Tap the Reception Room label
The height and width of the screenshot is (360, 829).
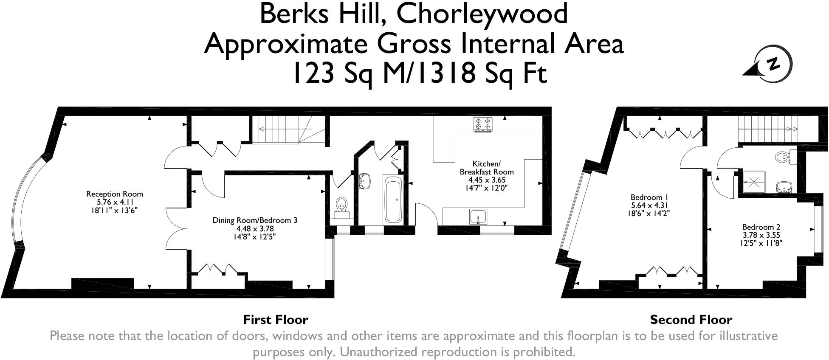pyautogui.click(x=115, y=194)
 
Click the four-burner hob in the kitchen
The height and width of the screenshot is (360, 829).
pyautogui.click(x=483, y=125)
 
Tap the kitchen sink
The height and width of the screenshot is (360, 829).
pyautogui.click(x=479, y=217)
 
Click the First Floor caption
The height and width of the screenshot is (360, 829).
pyautogui.click(x=276, y=319)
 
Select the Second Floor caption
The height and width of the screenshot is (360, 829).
pyautogui.click(x=691, y=319)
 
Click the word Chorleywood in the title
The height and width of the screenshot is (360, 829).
pyautogui.click(x=482, y=14)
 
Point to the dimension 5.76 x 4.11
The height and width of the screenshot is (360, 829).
pyautogui.click(x=115, y=202)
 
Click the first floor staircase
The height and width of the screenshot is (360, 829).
pyautogui.click(x=289, y=129)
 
